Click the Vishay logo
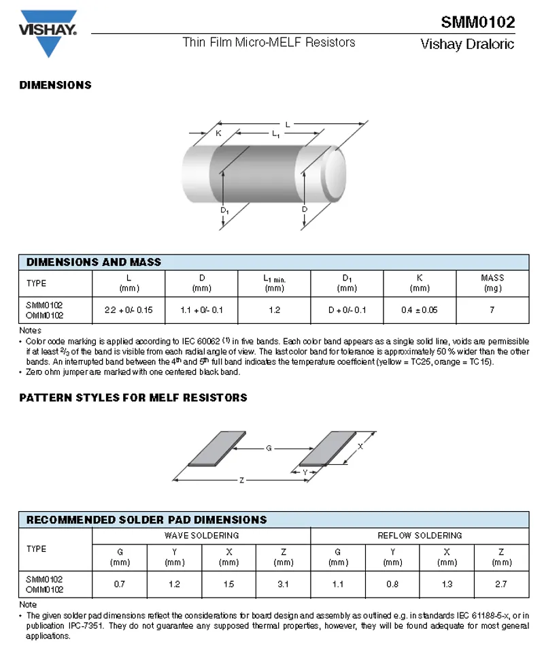pos(48,31)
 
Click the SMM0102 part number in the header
pos(477,22)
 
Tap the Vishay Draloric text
pos(467,45)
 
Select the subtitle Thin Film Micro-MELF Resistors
pos(269,42)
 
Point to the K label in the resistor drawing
pos(218,133)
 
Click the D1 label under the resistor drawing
pos(224,211)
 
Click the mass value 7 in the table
pos(492,310)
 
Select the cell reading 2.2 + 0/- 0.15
pos(129,310)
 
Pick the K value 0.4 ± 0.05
pos(420,310)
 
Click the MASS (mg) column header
pos(492,282)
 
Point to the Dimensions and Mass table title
pos(94,262)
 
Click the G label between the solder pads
pos(269,449)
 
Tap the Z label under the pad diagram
pos(241,480)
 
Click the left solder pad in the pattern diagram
pos(216,449)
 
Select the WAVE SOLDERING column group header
pos(201,536)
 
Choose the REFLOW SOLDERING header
pos(420,536)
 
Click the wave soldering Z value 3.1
pos(284,584)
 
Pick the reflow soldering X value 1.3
pos(447,584)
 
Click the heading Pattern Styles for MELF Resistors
pos(133,397)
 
